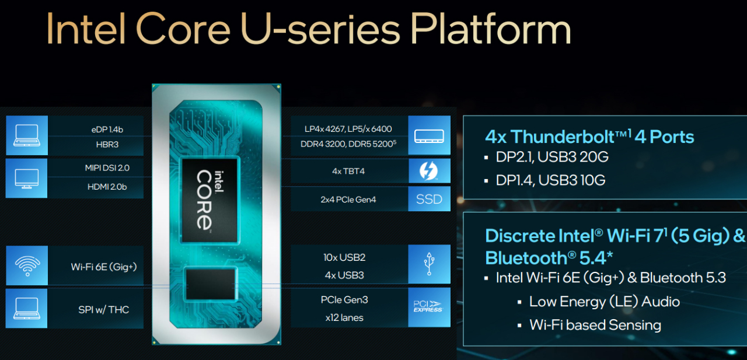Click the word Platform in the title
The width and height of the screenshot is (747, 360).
[491, 29]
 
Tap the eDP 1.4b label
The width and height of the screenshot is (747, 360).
[107, 130]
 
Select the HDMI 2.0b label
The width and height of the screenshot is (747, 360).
[107, 187]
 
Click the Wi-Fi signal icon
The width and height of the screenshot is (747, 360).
[27, 265]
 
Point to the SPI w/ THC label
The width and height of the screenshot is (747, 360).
[104, 310]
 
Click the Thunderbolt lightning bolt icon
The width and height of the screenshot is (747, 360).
[428, 171]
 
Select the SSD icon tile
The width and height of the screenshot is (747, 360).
[429, 199]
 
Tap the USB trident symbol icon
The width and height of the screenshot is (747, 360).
[429, 264]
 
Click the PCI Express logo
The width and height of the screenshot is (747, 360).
[428, 306]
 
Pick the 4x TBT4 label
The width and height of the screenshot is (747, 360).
[348, 171]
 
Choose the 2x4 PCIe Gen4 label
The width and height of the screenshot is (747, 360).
[348, 200]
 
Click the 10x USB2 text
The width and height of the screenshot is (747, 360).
[344, 257]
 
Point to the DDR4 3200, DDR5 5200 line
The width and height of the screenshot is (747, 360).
[348, 144]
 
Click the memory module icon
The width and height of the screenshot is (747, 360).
[429, 136]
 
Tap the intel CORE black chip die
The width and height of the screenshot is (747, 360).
[210, 200]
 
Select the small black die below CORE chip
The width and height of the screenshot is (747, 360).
[211, 285]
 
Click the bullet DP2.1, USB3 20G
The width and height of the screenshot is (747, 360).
[552, 157]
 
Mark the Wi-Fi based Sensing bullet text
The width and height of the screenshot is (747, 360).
[595, 324]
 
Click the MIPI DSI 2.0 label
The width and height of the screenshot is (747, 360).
[107, 167]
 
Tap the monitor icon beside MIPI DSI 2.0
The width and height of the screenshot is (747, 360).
[27, 179]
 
